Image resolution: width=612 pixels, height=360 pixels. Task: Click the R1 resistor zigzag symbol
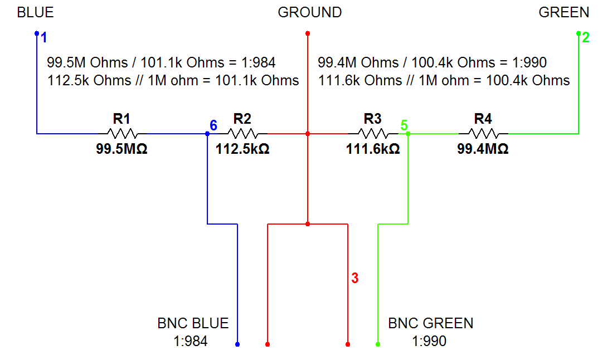click(122, 134)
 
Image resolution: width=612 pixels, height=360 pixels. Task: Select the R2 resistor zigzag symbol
click(242, 134)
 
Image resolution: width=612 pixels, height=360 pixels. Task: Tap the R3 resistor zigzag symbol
click(372, 134)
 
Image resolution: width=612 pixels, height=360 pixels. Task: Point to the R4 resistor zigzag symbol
click(483, 134)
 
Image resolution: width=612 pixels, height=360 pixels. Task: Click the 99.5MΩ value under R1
click(122, 149)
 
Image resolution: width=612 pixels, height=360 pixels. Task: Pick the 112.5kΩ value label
click(242, 149)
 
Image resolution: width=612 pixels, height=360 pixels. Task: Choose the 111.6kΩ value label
click(372, 149)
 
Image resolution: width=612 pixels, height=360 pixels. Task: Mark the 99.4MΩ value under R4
click(483, 149)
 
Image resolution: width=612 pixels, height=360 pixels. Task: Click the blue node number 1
click(44, 38)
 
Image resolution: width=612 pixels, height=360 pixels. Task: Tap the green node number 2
click(585, 38)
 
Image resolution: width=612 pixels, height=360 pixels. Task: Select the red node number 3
click(354, 278)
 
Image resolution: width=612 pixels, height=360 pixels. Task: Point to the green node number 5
click(404, 125)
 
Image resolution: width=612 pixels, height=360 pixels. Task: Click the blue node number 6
click(213, 125)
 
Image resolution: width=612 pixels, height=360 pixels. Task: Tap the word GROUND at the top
click(310, 12)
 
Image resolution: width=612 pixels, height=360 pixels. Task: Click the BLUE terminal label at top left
click(36, 12)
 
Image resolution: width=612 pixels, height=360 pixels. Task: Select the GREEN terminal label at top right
click(564, 12)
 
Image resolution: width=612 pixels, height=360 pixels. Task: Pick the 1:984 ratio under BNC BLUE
click(191, 341)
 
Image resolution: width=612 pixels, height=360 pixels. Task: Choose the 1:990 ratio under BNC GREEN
click(429, 341)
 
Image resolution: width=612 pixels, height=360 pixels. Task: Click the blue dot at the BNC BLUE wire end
click(237, 344)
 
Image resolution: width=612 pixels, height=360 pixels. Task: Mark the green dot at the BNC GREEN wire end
click(378, 344)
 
